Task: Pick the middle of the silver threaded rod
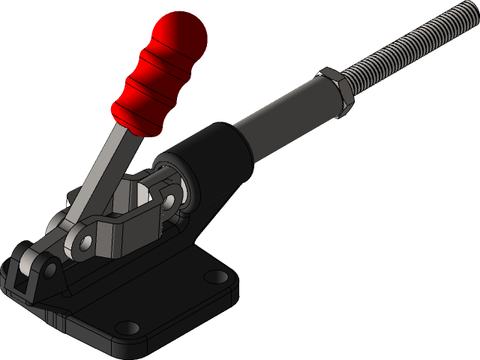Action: point(405,49)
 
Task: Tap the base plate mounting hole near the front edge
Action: point(130,327)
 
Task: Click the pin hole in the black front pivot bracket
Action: point(49,267)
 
